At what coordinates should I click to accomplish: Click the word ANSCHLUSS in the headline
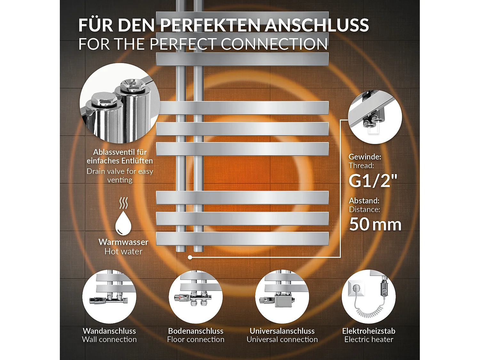(317, 25)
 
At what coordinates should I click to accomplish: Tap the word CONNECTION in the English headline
(274, 44)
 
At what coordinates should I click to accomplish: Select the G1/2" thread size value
(373, 181)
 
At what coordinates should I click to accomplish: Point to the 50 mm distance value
(375, 224)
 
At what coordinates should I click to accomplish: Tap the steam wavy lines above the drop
(124, 203)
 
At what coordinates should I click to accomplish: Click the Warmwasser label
(123, 242)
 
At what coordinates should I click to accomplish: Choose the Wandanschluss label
(109, 331)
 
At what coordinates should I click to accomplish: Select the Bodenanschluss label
(196, 331)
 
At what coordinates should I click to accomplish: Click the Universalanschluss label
(282, 331)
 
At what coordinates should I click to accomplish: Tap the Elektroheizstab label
(369, 331)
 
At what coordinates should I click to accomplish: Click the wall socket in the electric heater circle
(356, 289)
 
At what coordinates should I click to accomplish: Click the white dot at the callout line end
(190, 257)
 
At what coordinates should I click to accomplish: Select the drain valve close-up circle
(120, 103)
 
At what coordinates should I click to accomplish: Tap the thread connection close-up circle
(375, 117)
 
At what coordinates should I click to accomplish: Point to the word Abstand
(364, 201)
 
